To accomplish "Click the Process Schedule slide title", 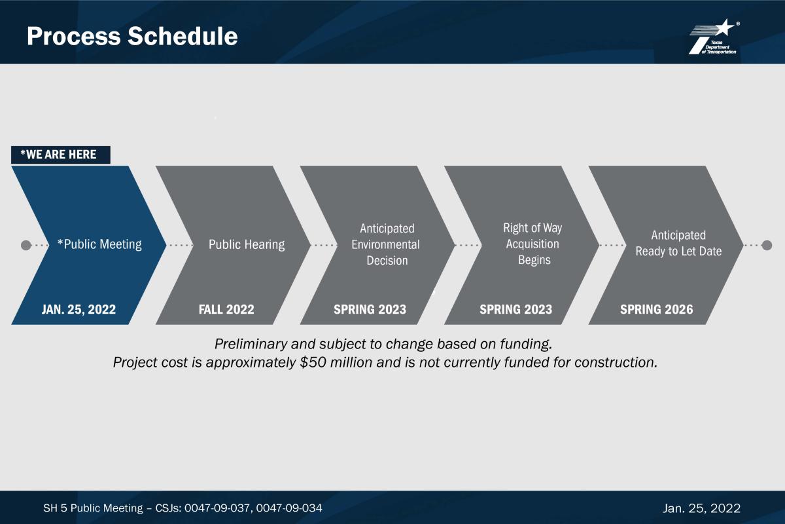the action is coord(132,36).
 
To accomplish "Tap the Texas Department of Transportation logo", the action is coord(714,37).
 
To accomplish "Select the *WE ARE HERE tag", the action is coord(61,155).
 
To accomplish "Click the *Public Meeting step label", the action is coord(99,244).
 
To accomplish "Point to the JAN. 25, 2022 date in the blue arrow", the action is coord(78,310).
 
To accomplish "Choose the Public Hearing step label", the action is coord(247,244).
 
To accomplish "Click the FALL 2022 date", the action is coord(226,310).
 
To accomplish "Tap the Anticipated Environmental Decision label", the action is coord(386,244).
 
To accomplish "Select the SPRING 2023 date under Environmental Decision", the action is coord(370,310).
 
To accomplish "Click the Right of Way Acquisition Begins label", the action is coord(532,244).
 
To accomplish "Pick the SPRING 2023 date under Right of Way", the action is coord(516,310).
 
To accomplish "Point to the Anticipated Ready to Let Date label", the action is coord(678,243).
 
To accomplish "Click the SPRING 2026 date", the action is coord(656,310).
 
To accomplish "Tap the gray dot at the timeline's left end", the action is coord(26,246).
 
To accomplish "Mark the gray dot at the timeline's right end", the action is coord(767,246).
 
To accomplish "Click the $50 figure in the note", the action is coord(313,363).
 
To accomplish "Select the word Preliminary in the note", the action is coord(251,345).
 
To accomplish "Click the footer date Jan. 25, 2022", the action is coord(701,508).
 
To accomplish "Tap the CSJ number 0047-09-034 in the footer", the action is coord(289,508).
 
